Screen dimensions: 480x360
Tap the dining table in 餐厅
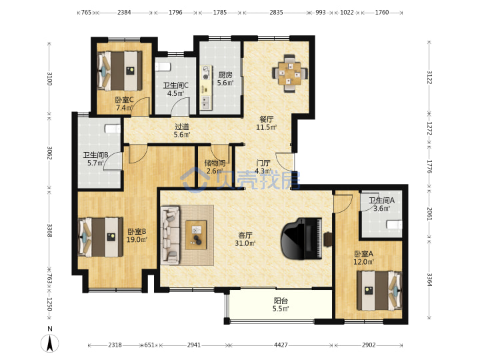coord(289,73)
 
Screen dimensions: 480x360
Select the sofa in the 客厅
coord(171,235)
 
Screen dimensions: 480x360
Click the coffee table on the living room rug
coord(196,235)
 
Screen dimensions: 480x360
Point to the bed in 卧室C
coord(120,71)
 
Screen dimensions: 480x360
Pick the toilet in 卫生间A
coord(395,225)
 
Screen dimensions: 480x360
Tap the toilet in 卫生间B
coord(113,129)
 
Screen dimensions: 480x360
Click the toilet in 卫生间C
coord(162,67)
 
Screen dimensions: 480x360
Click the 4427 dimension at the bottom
coord(281,345)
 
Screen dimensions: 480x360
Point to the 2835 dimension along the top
coord(276,13)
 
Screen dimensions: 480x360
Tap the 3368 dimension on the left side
coord(49,230)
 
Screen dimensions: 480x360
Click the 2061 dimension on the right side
coord(429,214)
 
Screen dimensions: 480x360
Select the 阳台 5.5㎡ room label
coord(281,305)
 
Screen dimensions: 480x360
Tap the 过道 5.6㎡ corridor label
coord(182,131)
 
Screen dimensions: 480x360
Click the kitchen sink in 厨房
coord(205,103)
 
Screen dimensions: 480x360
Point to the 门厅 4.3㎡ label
coord(263,167)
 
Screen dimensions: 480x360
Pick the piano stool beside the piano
coord(328,239)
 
